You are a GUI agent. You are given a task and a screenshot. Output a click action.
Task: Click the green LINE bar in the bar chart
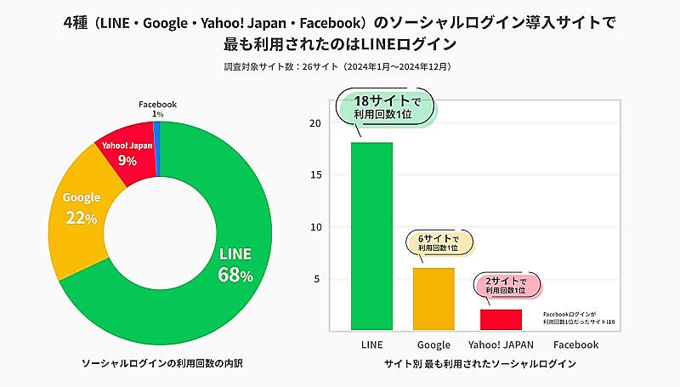click(x=371, y=236)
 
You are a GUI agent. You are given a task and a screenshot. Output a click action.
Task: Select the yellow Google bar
click(x=433, y=299)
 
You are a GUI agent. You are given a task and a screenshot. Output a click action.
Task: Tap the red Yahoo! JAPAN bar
click(x=501, y=319)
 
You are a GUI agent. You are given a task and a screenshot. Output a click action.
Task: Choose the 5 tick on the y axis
click(x=316, y=279)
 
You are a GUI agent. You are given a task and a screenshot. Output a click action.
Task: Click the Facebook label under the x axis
click(x=575, y=344)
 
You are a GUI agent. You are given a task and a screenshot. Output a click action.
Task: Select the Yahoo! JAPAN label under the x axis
click(x=501, y=344)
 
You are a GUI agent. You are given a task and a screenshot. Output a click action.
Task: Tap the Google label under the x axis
click(x=433, y=344)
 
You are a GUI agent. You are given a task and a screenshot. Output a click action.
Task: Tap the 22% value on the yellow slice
click(x=82, y=218)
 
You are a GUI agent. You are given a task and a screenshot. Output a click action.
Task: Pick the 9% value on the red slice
click(x=127, y=160)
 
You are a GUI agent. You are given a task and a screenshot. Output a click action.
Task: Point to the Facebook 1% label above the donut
click(x=158, y=109)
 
